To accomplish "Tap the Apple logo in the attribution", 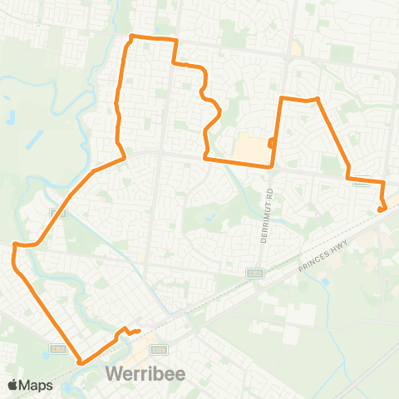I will coord(14,385).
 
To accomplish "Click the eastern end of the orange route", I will coord(381,209).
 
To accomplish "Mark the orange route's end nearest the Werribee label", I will coord(138,332).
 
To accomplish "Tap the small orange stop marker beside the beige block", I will coord(272,143).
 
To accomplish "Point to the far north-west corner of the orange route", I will coord(132,37).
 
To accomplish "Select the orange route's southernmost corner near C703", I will coord(80,362).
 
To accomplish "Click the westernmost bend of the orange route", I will coord(13,244).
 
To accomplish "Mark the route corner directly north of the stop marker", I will coord(281,99).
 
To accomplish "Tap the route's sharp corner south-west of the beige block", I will coord(205,156).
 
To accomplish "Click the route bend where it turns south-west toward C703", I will coord(124,155).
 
